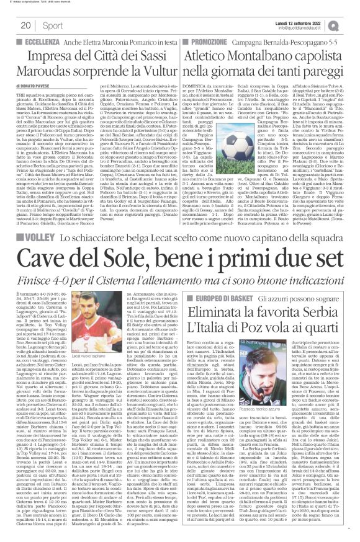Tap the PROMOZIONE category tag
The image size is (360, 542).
[208, 38]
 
